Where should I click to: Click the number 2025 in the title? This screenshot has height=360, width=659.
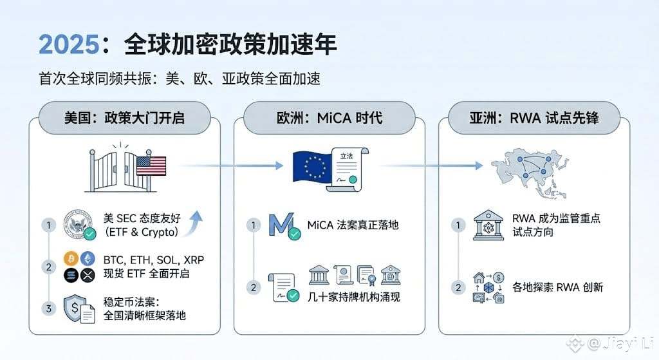pos(66,44)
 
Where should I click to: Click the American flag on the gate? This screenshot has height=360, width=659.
pos(151,166)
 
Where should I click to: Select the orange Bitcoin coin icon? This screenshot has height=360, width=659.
pos(71,259)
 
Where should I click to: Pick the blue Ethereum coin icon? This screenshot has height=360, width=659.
pos(88,259)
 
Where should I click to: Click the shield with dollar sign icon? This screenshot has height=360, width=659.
pos(79,308)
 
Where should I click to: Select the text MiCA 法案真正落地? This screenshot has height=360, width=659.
pos(353,225)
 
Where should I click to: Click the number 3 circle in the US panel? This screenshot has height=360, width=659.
pos(48,308)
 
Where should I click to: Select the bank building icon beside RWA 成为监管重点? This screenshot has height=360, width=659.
pos(487,224)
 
